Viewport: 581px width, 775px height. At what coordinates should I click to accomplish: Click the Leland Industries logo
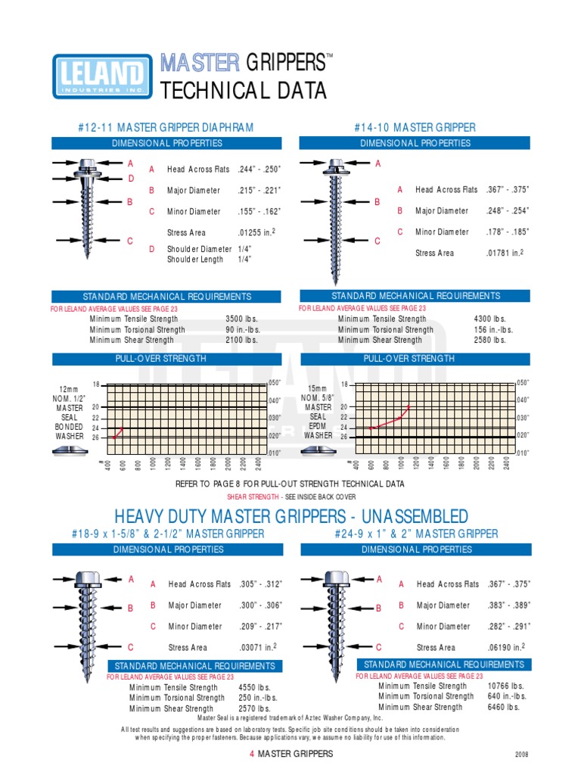tap(98, 76)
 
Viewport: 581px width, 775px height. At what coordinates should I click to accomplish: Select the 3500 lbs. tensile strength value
tap(241, 319)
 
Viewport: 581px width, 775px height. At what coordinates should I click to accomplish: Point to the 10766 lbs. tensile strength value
tap(504, 686)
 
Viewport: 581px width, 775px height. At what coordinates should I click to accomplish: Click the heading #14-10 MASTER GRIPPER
tap(415, 127)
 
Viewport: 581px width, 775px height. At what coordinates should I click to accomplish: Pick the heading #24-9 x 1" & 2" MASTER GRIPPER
tap(416, 534)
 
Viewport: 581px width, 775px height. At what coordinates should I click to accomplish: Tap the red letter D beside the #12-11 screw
tap(130, 178)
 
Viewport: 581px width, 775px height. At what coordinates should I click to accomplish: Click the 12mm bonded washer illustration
tap(70, 452)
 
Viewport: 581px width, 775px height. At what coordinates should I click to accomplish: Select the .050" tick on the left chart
tap(275, 382)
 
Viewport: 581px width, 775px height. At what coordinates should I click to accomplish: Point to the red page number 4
tap(251, 754)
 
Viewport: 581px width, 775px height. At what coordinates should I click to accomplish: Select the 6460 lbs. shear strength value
tap(504, 707)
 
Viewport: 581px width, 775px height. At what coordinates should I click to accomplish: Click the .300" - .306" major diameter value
tap(259, 605)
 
